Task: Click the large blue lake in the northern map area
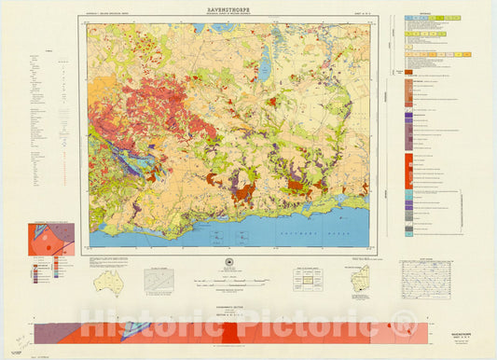pos(264,67)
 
